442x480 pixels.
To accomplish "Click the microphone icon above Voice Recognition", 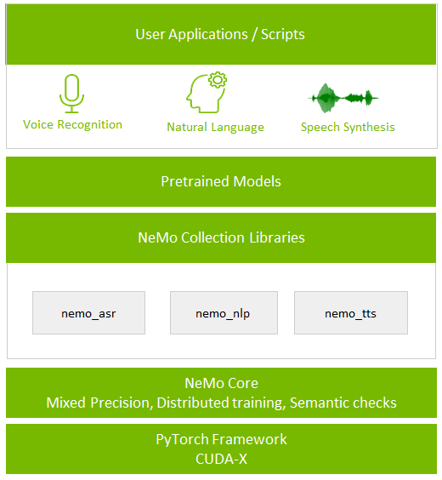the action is [x=72, y=94].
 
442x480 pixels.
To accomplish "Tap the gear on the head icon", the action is [x=218, y=80].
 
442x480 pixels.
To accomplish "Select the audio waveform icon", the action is [x=343, y=98].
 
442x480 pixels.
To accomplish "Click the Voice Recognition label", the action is [x=72, y=124].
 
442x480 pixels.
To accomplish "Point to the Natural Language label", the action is [x=216, y=127].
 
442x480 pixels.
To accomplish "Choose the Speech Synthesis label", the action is [x=348, y=127].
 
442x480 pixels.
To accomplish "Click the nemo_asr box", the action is [x=88, y=312].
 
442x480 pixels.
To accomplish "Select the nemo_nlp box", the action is [x=224, y=312].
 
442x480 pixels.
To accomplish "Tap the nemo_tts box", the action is [x=351, y=312].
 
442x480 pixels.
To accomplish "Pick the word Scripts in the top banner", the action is [x=283, y=34].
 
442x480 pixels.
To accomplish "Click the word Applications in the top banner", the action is [x=208, y=34].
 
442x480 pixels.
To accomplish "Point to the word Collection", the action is [x=212, y=237].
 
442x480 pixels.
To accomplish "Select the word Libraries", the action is [x=277, y=237].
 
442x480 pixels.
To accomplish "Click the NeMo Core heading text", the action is [x=221, y=383].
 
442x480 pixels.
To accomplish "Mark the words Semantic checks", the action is [x=343, y=403].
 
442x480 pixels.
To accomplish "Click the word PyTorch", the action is [x=182, y=440].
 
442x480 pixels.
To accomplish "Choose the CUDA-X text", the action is [x=221, y=459].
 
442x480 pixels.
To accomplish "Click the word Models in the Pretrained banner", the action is [x=257, y=181].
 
